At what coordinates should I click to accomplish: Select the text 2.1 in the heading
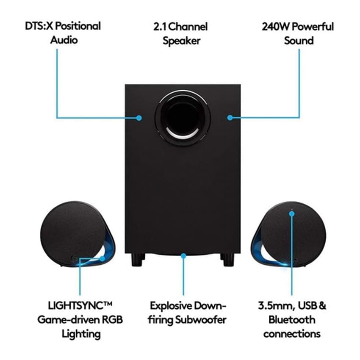[160, 27]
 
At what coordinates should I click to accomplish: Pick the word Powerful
[313, 27]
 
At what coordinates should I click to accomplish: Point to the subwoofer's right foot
[227, 259]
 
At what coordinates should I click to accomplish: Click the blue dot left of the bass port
[139, 118]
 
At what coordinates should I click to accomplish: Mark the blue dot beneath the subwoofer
[183, 255]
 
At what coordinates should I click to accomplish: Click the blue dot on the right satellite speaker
[291, 214]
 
